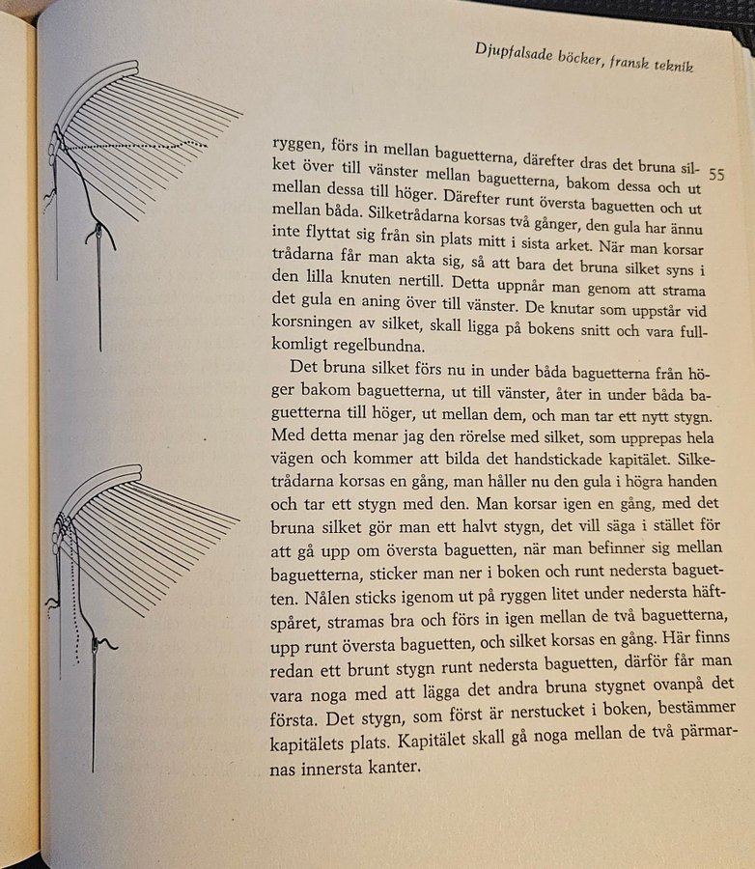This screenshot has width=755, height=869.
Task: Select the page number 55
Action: tap(716, 175)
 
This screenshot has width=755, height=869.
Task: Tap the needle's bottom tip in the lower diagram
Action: tap(94, 771)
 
